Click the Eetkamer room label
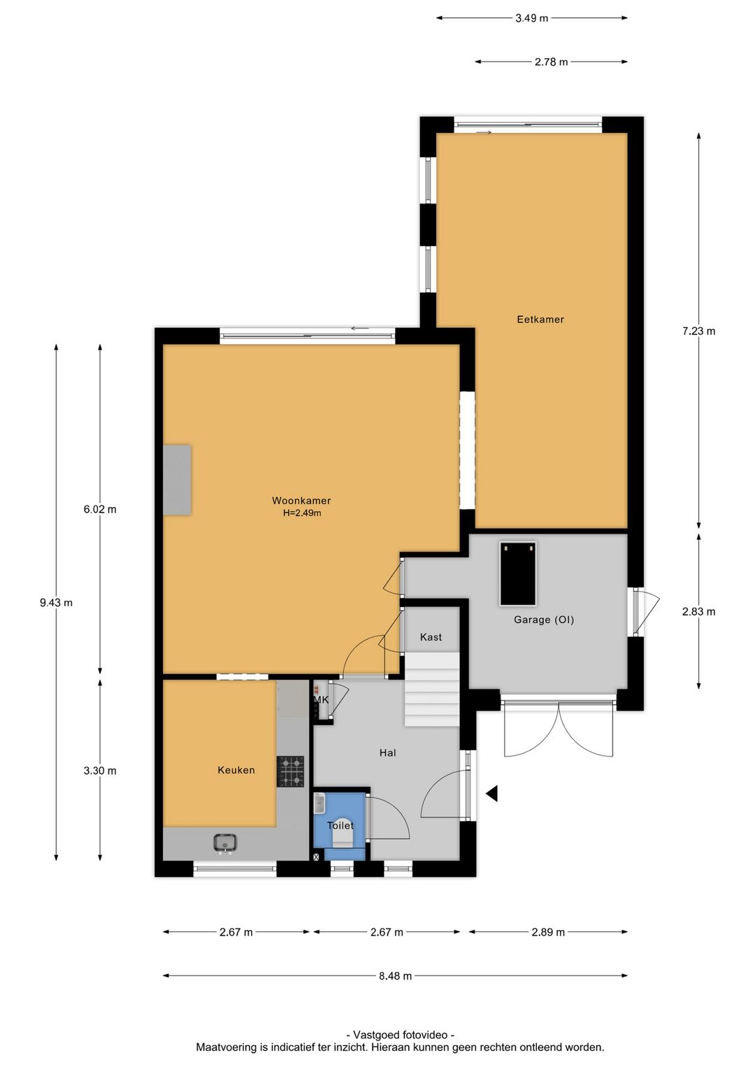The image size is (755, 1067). (540, 319)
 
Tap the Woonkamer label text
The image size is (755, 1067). (301, 500)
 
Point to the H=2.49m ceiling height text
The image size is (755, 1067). (302, 513)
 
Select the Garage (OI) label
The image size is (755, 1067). (543, 620)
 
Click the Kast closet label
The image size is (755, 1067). (431, 637)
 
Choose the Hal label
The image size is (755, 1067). (388, 752)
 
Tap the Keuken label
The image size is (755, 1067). (236, 770)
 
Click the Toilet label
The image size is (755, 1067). (340, 825)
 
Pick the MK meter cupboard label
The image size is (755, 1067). (321, 700)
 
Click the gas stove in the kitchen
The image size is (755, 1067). (290, 771)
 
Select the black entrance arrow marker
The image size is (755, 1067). (491, 793)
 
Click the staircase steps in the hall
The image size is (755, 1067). (432, 689)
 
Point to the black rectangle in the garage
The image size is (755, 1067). (518, 573)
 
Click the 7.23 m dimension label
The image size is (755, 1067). (698, 331)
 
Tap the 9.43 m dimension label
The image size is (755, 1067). (56, 603)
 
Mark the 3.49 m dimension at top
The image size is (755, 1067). (531, 18)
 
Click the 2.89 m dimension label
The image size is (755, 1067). (548, 932)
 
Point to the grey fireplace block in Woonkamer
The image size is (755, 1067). (177, 480)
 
